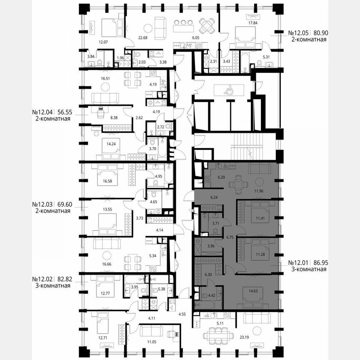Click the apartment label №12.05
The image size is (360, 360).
tap(298, 32)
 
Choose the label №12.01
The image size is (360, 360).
tap(298, 263)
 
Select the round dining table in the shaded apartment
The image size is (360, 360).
tap(238, 184)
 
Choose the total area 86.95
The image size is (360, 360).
tap(318, 263)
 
